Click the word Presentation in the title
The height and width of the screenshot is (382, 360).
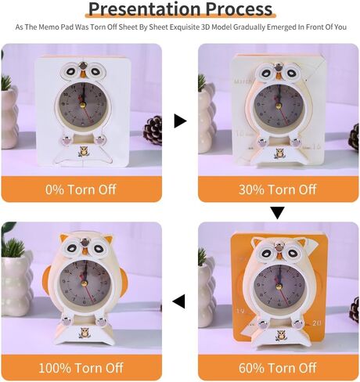[x=145, y=9]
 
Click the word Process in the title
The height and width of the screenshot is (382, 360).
[x=239, y=9]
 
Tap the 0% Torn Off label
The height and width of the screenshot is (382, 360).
[x=81, y=189]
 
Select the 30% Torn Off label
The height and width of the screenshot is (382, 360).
[x=278, y=189]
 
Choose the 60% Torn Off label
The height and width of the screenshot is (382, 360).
[x=278, y=368]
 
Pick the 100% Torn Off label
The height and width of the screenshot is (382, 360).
[x=81, y=368]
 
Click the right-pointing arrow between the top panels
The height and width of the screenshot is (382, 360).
[x=180, y=121]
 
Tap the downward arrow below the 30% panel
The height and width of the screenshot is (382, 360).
[x=277, y=213]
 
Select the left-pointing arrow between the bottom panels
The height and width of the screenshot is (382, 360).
[x=178, y=301]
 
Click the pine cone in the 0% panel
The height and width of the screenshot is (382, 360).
[x=153, y=131]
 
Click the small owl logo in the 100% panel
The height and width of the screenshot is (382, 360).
[x=85, y=333]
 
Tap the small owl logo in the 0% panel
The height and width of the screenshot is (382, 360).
[x=84, y=151]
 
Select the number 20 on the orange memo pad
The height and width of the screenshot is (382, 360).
[x=316, y=323]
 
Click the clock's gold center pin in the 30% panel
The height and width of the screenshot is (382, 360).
[x=279, y=106]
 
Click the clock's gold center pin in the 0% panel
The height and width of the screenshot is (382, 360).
[x=83, y=105]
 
